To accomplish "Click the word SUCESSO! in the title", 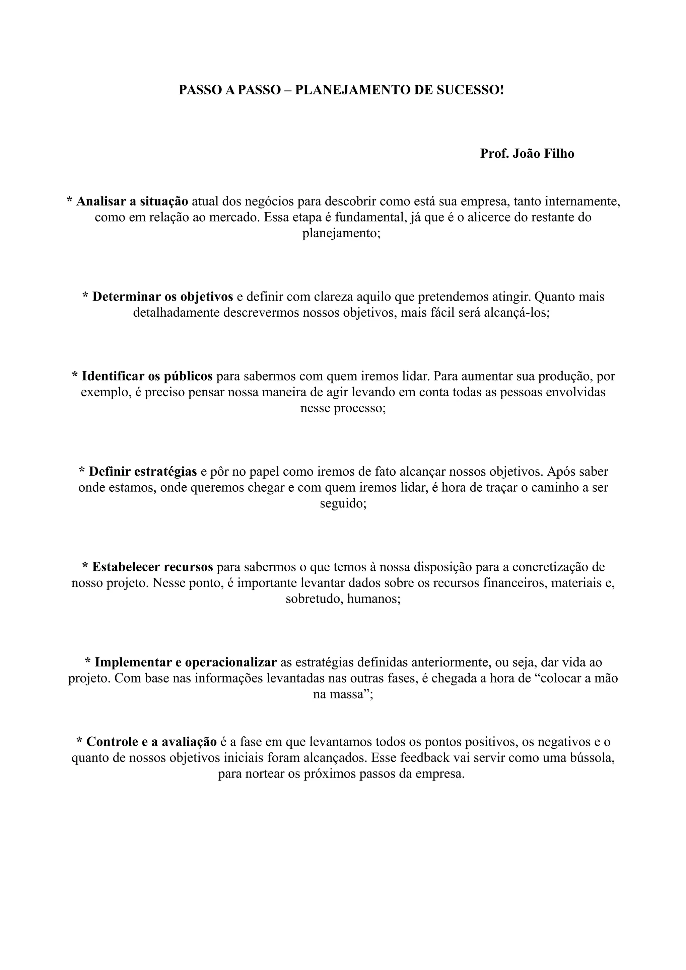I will click(x=470, y=90).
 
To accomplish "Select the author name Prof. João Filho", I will click(x=527, y=153).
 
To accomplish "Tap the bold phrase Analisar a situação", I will click(x=132, y=201).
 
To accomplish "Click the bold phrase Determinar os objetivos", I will click(x=163, y=297).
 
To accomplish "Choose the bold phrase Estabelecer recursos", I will click(x=153, y=567).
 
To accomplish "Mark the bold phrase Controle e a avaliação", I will click(x=151, y=741).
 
